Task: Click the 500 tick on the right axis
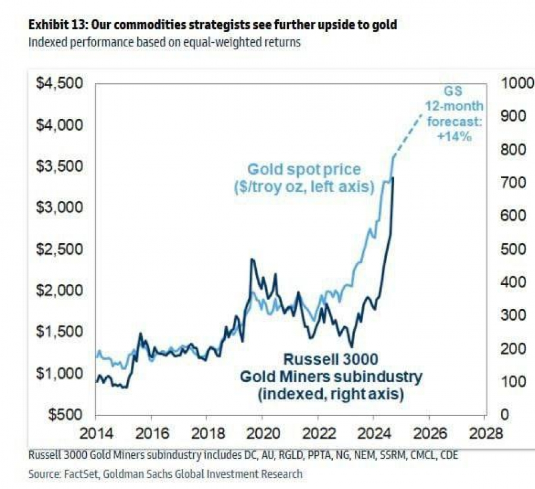tap(514, 249)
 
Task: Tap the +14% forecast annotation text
tap(457, 136)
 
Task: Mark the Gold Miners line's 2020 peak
tap(252, 260)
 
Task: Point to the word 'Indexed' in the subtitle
tap(47, 43)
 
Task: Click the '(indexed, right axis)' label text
tap(331, 393)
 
